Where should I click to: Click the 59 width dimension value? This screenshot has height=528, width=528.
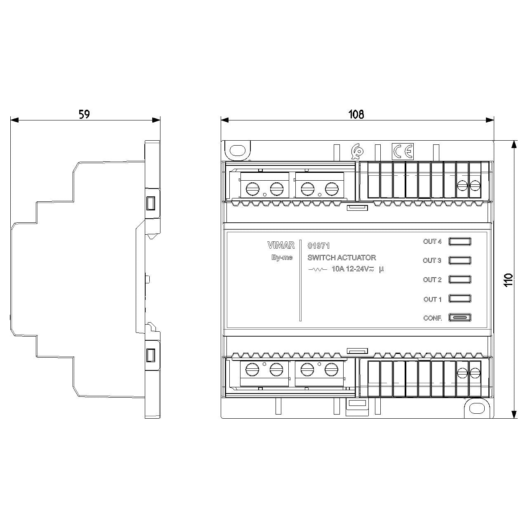pyautogui.click(x=84, y=114)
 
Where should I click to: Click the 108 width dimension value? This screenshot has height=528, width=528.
pyautogui.click(x=356, y=114)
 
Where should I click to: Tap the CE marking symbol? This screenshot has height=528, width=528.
pyautogui.click(x=403, y=151)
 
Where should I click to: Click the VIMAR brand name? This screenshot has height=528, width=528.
pyautogui.click(x=281, y=245)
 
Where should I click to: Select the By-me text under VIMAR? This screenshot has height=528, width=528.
pyautogui.click(x=282, y=257)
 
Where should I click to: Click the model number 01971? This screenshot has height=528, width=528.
pyautogui.click(x=318, y=245)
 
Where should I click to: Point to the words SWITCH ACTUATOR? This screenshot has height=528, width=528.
pyautogui.click(x=342, y=257)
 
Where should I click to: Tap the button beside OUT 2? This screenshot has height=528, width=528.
pyautogui.click(x=460, y=280)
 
